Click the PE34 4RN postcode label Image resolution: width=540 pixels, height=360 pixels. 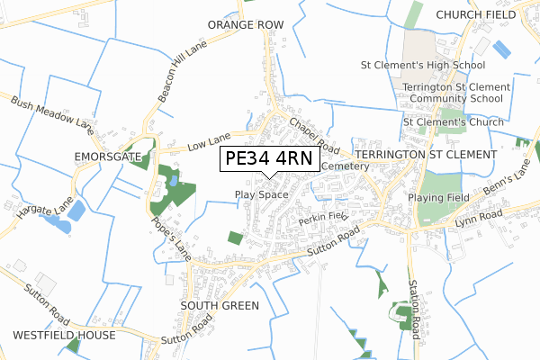pyautogui.click(x=268, y=159)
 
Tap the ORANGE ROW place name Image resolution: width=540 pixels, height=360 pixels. pyautogui.click(x=239, y=24)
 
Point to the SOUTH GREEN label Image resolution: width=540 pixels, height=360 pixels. pyautogui.click(x=220, y=306)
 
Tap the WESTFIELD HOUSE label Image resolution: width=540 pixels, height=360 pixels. pyautogui.click(x=64, y=335)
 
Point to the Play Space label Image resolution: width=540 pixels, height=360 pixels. pyautogui.click(x=261, y=194)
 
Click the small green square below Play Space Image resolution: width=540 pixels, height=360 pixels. pyautogui.click(x=235, y=238)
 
